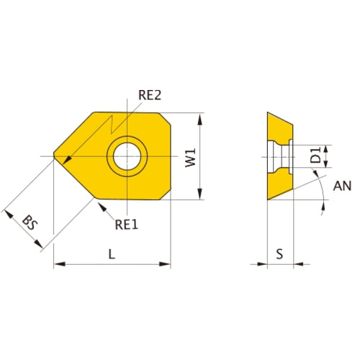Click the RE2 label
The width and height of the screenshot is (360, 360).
150,94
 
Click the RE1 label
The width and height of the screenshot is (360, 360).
127,223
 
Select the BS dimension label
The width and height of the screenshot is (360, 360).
30,223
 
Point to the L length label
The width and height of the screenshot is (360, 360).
111,253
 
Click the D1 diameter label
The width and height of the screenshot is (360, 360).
315,156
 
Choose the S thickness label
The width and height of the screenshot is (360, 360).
281,253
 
